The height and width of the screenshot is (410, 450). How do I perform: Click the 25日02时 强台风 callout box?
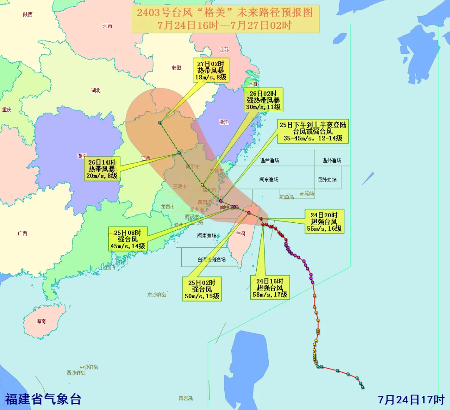click(202, 289)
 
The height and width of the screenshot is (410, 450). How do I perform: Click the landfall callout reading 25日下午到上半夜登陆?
click(313, 131)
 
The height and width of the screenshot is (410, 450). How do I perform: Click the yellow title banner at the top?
click(225, 19)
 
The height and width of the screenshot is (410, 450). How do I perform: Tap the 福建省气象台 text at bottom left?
click(43, 399)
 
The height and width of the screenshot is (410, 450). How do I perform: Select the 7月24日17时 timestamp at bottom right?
click(411, 399)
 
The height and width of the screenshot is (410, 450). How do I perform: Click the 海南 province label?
click(41, 321)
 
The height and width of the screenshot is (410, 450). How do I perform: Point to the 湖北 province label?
click(96, 90)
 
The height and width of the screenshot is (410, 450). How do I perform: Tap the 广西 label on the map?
click(22, 233)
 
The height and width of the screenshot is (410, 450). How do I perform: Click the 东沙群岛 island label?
click(157, 295)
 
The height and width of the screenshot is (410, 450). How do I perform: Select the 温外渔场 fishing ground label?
click(332, 161)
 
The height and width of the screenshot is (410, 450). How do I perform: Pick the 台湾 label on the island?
click(241, 234)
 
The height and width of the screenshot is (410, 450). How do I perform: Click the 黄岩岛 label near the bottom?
click(185, 398)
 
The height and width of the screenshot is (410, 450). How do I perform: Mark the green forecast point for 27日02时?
click(160, 123)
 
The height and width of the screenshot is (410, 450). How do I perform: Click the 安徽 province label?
click(176, 68)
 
